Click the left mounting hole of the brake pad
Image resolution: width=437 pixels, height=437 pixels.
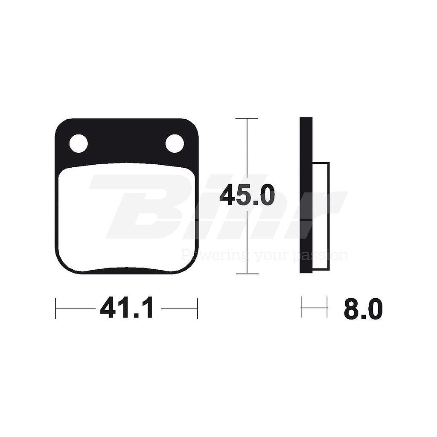click(x=79, y=143)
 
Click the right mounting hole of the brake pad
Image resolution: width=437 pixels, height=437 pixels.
click(x=175, y=143)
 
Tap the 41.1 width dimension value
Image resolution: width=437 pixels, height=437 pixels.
click(x=126, y=308)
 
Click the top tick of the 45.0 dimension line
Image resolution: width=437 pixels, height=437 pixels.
click(x=247, y=119)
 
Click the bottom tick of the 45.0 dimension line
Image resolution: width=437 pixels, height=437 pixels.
click(x=247, y=274)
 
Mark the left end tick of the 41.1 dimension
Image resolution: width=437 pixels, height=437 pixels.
click(x=56, y=308)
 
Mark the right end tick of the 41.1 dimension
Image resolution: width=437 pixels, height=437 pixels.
click(x=197, y=308)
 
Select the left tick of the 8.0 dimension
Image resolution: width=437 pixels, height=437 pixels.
click(x=301, y=307)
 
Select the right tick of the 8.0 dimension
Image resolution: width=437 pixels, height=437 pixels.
click(x=327, y=307)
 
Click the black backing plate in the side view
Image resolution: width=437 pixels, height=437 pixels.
click(x=306, y=196)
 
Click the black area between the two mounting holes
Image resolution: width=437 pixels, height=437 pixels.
click(x=126, y=141)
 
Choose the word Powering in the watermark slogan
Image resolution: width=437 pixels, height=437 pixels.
click(x=204, y=256)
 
